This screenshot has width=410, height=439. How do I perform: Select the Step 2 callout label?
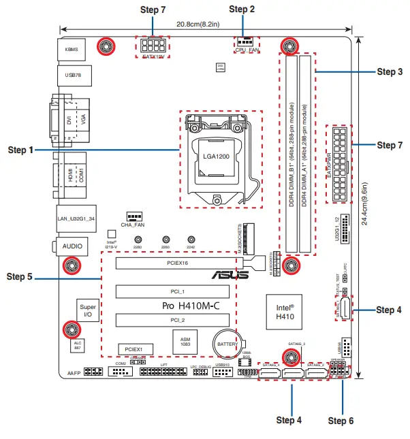(x=242, y=10)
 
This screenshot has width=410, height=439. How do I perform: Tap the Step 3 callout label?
(x=390, y=71)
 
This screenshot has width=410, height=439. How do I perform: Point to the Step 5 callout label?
(x=20, y=277)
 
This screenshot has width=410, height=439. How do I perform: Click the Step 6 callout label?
(x=341, y=421)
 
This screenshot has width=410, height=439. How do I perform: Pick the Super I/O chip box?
(x=86, y=310)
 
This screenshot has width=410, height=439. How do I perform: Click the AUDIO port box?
(x=73, y=245)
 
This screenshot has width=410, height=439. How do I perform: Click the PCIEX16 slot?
(x=177, y=261)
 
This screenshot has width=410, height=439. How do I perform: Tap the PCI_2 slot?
(x=177, y=319)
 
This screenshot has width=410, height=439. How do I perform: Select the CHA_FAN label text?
(x=133, y=224)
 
